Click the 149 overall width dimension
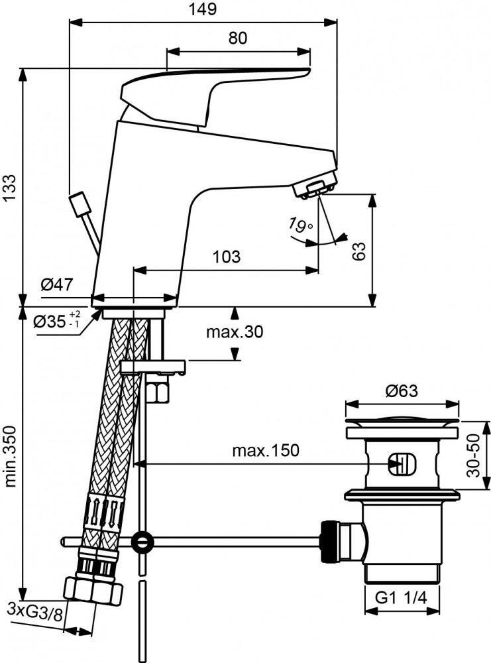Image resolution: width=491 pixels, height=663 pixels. [203, 9]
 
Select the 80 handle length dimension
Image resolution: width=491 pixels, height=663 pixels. [238, 38]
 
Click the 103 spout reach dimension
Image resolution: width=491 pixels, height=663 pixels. [227, 257]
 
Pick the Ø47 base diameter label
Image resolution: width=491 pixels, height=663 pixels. [57, 285]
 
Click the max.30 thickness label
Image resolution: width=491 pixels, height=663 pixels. [235, 332]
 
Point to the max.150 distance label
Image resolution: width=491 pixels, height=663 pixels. [265, 450]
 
